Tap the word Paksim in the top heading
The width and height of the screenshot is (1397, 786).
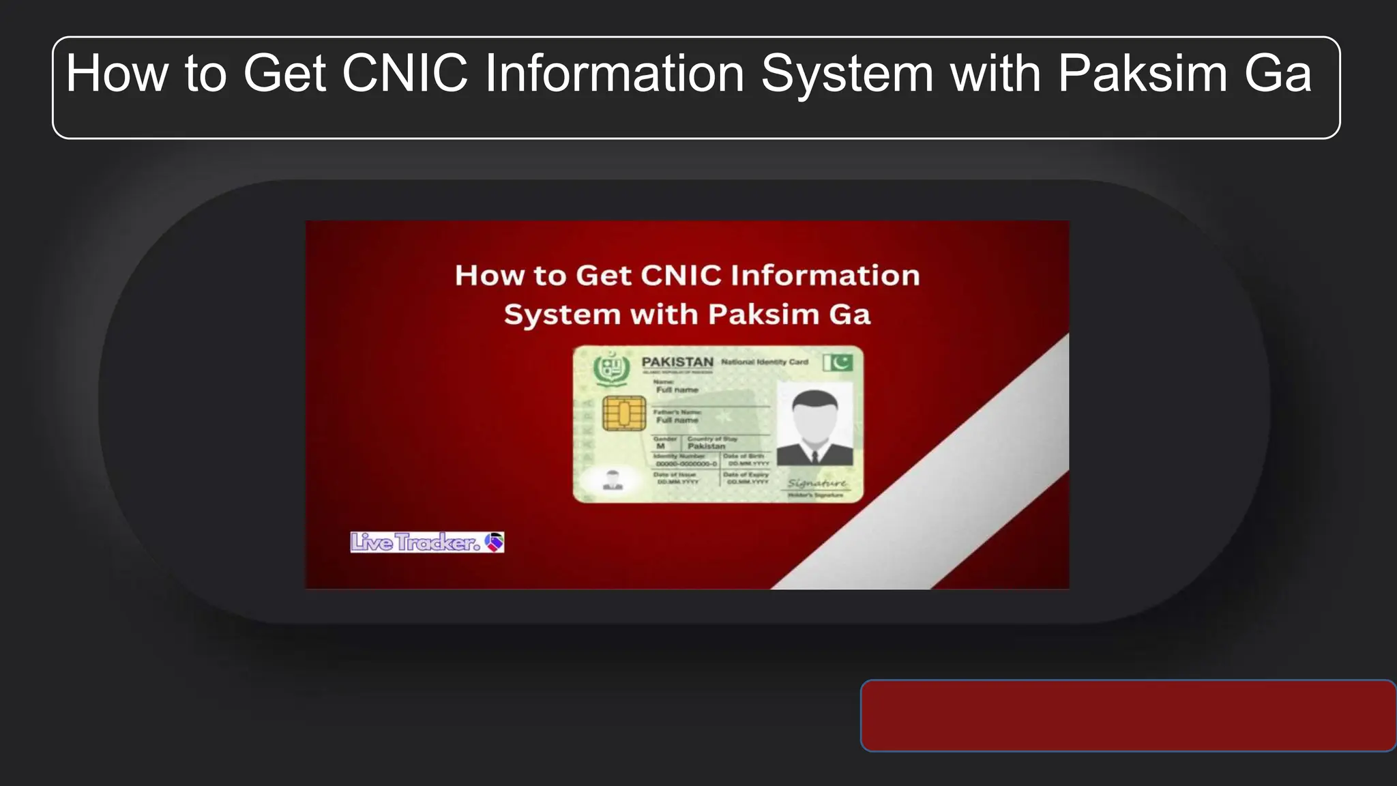(x=1143, y=74)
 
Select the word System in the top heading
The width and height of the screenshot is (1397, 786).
(x=847, y=74)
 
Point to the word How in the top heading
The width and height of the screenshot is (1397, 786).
(x=117, y=74)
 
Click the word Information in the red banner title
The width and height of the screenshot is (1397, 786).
(x=825, y=276)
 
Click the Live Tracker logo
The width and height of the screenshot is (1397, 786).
(x=427, y=542)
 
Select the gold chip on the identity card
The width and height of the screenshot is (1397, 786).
(x=623, y=413)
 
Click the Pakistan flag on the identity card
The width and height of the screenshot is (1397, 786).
(x=838, y=362)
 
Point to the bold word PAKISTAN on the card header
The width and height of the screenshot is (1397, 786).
(x=677, y=362)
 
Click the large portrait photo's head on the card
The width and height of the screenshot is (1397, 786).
(x=814, y=413)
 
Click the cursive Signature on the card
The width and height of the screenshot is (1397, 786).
(x=817, y=483)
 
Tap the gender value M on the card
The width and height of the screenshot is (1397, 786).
(x=660, y=446)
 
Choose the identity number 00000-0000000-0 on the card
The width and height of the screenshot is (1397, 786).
(x=686, y=464)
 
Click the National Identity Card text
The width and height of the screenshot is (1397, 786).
(x=765, y=362)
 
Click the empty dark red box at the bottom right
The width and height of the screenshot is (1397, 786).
(x=1128, y=716)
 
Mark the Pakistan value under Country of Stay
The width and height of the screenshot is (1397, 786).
(x=706, y=446)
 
